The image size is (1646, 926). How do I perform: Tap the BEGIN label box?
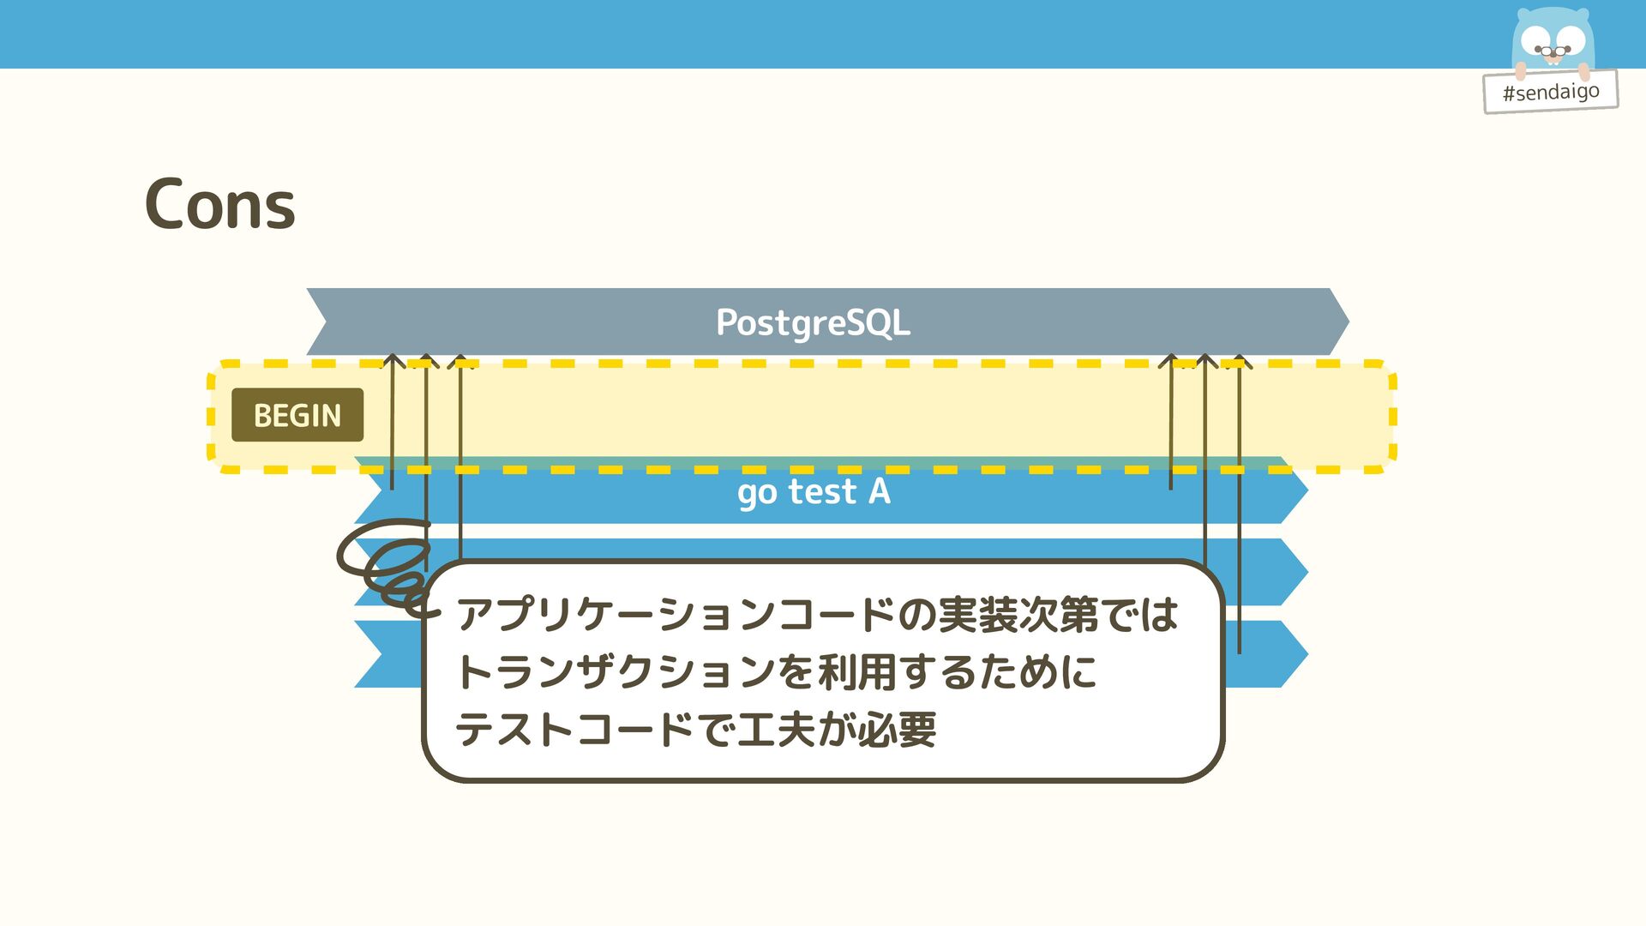pos(297,415)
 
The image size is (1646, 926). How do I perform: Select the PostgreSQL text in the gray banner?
pos(813,322)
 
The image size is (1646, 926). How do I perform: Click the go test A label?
pos(814,492)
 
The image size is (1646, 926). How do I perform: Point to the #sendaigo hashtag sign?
pos(1550,91)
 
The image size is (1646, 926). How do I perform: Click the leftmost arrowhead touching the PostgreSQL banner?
pos(393,361)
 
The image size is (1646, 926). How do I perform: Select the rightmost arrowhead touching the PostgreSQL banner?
pos(1239,361)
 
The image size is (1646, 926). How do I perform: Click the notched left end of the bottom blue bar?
pos(377,653)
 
